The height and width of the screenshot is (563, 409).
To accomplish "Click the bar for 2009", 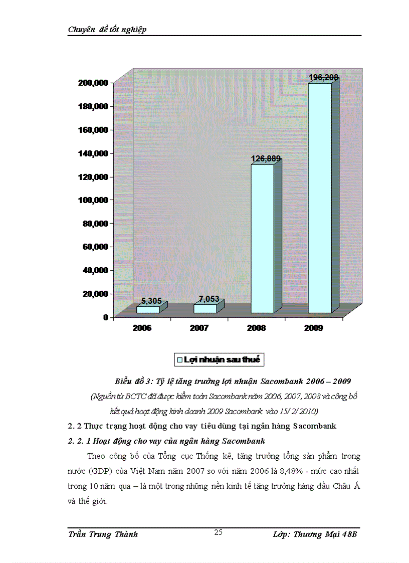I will (x=320, y=198).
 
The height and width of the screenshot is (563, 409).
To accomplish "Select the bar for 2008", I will (x=262, y=239).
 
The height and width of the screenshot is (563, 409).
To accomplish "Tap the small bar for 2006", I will (x=148, y=309).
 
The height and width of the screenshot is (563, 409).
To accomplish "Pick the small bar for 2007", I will (x=205, y=308).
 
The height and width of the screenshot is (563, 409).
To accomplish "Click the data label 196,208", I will (x=323, y=78).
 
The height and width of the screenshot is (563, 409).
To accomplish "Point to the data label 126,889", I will (x=266, y=159).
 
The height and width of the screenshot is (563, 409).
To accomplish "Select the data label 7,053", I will (x=209, y=299).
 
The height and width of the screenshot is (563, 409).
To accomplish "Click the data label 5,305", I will (x=151, y=301).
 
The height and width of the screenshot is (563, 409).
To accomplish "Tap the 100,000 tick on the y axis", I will (x=94, y=200).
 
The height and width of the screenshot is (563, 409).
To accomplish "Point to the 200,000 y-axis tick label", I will (x=94, y=83).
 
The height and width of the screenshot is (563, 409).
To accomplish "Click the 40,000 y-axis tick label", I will (x=96, y=270).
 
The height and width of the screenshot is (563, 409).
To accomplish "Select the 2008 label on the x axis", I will (x=256, y=328).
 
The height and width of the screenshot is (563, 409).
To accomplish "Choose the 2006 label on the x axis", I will (x=142, y=328).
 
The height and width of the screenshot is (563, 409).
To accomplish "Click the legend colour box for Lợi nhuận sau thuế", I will (x=179, y=359).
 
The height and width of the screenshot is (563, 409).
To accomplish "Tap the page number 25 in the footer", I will (x=218, y=532).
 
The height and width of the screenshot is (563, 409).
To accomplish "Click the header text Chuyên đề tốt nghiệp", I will (x=107, y=30).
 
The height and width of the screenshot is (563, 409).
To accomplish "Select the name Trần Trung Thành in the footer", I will (x=103, y=534).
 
